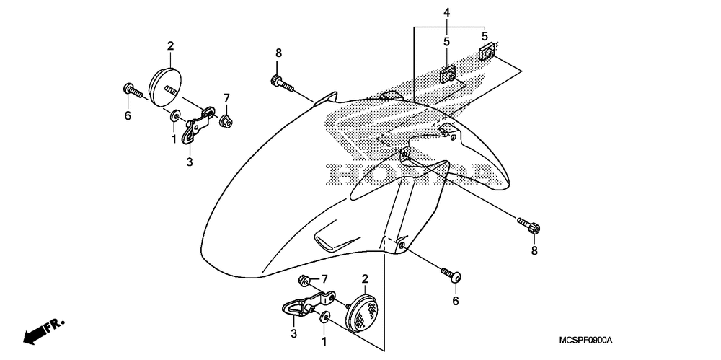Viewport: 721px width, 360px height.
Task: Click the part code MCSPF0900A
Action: coord(588,340)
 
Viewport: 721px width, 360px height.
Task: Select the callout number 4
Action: coord(447,12)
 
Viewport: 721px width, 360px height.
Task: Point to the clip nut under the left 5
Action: coord(448,73)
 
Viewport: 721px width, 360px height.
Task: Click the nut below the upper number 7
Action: coord(225,120)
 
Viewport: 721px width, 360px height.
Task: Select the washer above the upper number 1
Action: coord(175,116)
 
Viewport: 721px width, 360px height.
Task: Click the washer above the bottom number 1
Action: coord(325,318)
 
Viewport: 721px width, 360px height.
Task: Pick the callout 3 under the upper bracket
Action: coord(190,162)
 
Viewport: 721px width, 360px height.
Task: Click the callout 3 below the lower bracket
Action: coord(293,333)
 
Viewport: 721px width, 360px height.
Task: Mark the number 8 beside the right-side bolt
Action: coord(534,250)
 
